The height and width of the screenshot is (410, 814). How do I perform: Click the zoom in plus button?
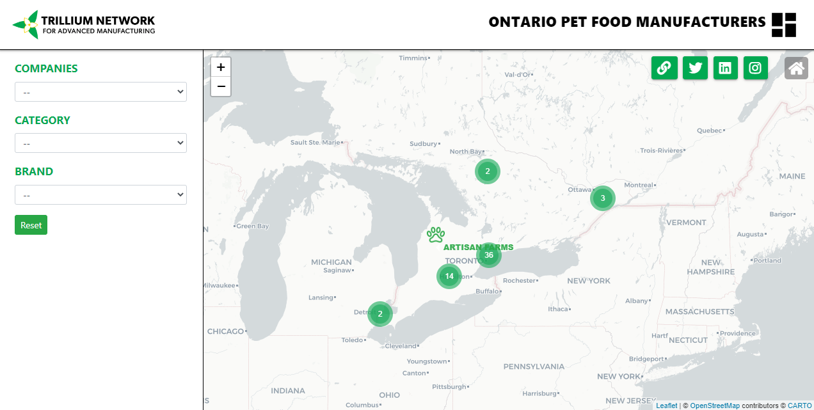(x=221, y=67)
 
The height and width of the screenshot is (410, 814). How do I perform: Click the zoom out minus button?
(x=221, y=86)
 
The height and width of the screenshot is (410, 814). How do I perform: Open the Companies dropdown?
(x=100, y=92)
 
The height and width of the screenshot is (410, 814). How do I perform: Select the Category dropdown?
(x=100, y=143)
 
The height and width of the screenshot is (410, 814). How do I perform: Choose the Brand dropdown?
(x=100, y=195)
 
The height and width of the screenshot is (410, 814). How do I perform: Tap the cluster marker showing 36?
(x=489, y=255)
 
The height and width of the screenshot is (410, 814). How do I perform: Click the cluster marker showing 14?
(x=449, y=276)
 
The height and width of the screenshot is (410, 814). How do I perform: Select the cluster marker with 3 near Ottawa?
(x=603, y=198)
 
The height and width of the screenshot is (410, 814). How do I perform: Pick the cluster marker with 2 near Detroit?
(x=380, y=314)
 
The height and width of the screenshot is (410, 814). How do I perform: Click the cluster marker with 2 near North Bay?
(x=488, y=171)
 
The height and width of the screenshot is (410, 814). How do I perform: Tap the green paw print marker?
(x=436, y=235)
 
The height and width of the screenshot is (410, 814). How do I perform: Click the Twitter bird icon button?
(x=695, y=68)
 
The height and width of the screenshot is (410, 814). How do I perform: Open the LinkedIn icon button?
(x=725, y=68)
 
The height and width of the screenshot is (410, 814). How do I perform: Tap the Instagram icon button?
(x=756, y=68)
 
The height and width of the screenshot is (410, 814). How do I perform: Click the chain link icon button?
(x=664, y=68)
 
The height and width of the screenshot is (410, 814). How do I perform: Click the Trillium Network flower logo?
(x=26, y=25)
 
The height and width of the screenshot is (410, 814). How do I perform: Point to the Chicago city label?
(x=226, y=331)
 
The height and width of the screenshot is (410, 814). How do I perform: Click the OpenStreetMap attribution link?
(x=714, y=406)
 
